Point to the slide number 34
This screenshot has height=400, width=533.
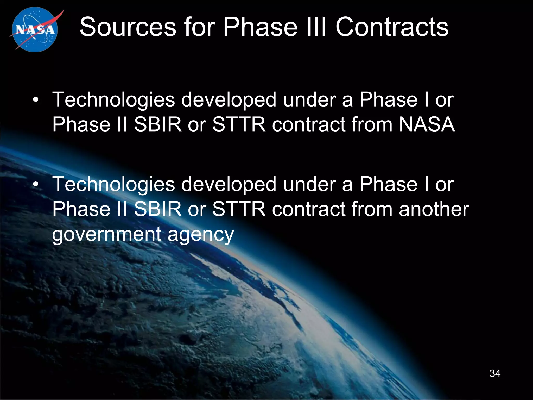495,373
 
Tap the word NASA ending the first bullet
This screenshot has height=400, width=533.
427,124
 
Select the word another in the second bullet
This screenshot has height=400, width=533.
434,209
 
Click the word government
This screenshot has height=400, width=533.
107,234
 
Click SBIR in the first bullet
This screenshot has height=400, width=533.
158,124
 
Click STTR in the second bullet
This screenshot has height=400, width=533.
239,209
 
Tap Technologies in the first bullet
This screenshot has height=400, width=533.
114,100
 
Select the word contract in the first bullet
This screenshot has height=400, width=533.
308,124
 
